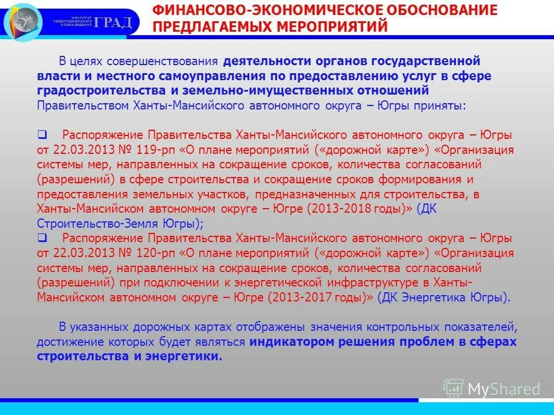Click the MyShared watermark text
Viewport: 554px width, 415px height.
[x=504, y=389]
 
